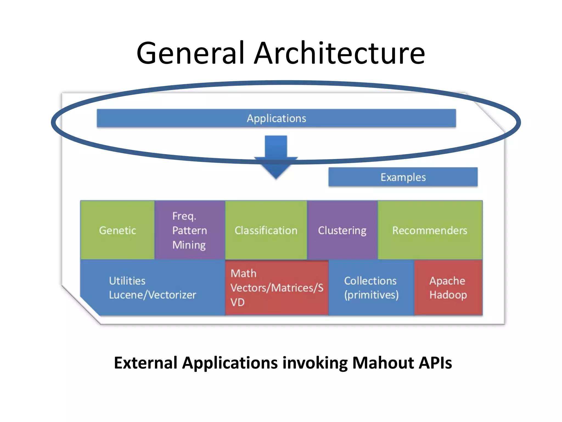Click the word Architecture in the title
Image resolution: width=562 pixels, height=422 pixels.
coord(339,53)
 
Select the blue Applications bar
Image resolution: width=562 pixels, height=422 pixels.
coord(276,118)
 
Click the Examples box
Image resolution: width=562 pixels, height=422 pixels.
coord(403,177)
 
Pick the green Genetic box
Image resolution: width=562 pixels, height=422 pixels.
coord(117,230)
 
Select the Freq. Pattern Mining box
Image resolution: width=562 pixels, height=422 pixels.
coord(190,230)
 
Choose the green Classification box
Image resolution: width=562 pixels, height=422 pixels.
coord(266,230)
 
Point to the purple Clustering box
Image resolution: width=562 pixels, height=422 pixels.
coord(342,230)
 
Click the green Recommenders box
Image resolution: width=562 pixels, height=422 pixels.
coord(430,230)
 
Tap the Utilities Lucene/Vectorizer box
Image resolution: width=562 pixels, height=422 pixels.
coord(153,288)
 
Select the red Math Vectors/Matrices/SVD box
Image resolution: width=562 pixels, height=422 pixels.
coord(277,288)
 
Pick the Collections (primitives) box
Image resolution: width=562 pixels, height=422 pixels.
coord(371,288)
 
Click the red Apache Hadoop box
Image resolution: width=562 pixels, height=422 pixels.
coord(448,288)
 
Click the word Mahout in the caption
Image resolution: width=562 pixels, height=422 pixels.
coord(383,363)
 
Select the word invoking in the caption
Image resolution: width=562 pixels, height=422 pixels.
coord(315,363)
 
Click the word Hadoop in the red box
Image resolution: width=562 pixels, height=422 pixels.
coord(448,295)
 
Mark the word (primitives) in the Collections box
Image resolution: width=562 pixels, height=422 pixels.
coord(371,295)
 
